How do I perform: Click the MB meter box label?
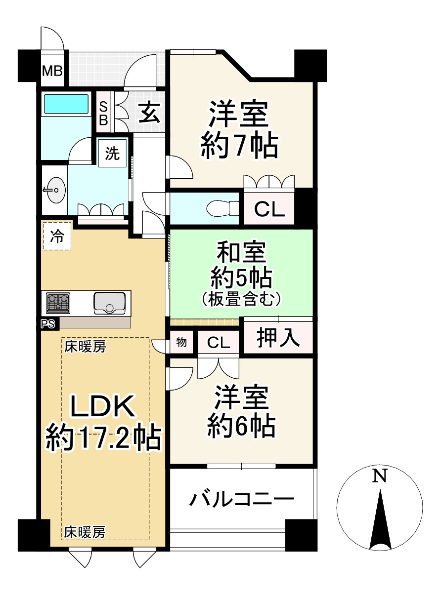pos(52,71)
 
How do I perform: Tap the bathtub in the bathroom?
pos(66,104)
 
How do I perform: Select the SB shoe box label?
pos(104,113)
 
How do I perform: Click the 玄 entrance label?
pos(148,113)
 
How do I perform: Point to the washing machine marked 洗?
pos(113,154)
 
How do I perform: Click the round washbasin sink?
pos(55,189)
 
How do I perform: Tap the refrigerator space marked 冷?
pos(57,237)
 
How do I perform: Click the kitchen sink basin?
pos(110,302)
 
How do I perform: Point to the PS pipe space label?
pos(49,324)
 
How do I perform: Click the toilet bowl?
pos(221,208)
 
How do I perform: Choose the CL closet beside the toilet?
pos(269,209)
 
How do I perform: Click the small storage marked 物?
pos(182,342)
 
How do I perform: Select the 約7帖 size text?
pos(238,145)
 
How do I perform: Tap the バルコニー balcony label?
pos(241,500)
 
